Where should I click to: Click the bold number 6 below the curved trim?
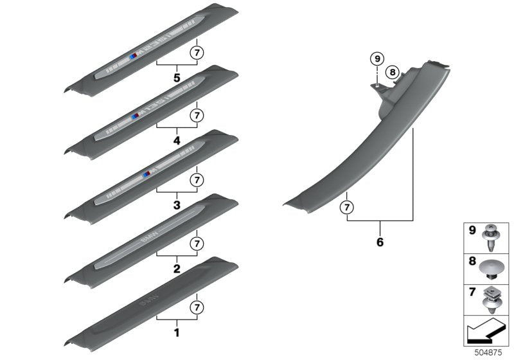click(x=380, y=242)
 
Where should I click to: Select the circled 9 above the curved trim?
click(x=377, y=60)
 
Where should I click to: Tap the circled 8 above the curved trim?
click(x=393, y=73)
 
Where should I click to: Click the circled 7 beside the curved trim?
click(x=346, y=207)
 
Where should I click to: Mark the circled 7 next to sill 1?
click(x=197, y=307)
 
